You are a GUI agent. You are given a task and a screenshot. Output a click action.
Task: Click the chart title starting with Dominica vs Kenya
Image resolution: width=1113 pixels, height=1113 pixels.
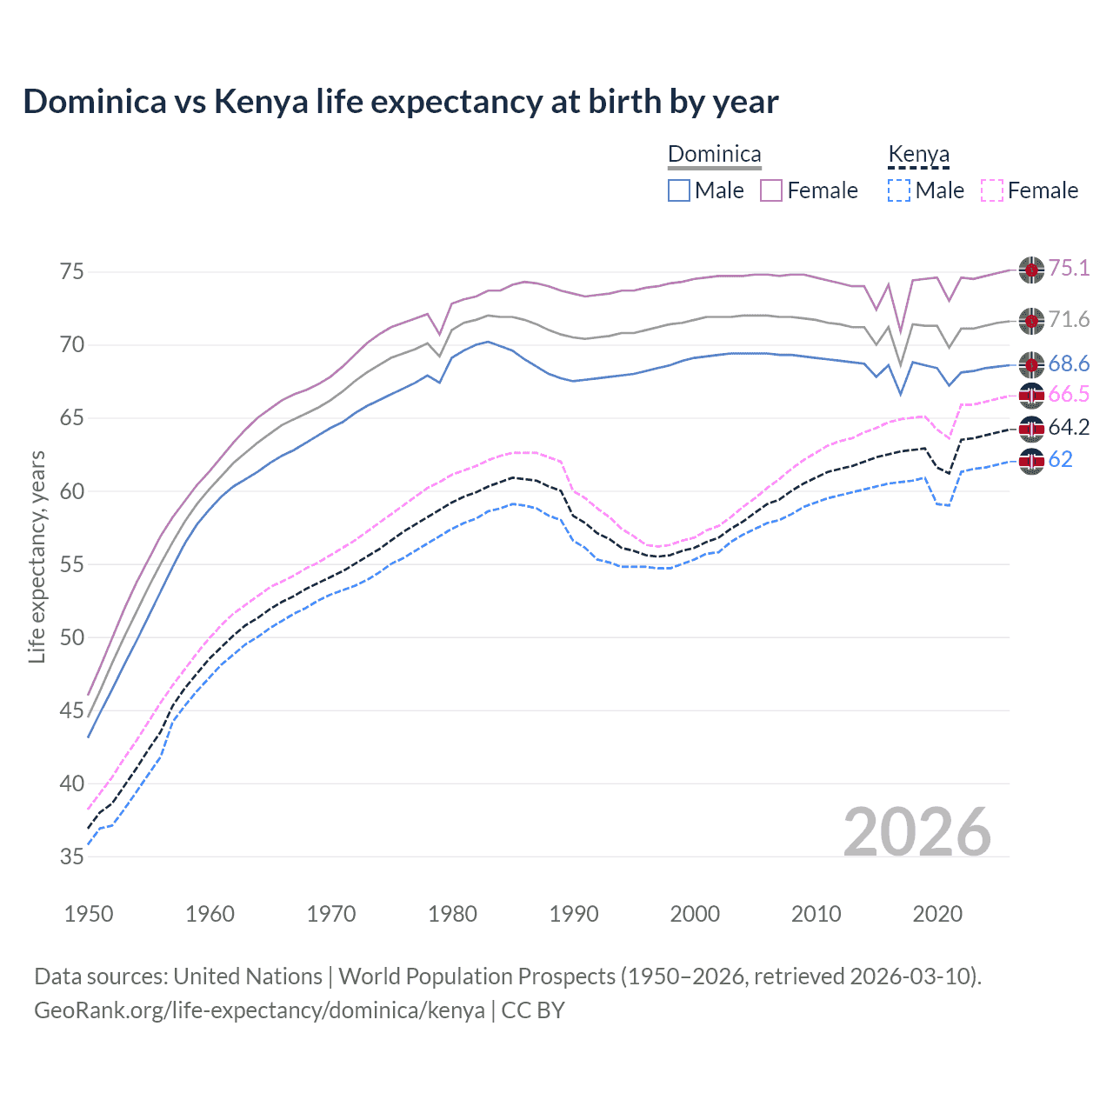click(401, 102)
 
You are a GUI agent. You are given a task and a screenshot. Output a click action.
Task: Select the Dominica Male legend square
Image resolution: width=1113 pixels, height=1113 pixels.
click(679, 190)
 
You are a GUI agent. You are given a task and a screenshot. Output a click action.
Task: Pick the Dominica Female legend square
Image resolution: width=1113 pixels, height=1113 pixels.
click(771, 190)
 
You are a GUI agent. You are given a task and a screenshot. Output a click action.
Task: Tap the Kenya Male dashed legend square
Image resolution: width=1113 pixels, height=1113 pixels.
click(899, 190)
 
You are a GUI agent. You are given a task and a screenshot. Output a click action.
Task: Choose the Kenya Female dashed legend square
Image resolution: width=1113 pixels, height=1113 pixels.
click(992, 190)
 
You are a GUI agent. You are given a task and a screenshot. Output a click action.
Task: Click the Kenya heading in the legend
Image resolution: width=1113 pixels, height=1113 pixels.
click(918, 155)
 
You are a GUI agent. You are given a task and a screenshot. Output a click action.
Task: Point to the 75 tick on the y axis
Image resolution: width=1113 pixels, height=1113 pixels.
click(72, 272)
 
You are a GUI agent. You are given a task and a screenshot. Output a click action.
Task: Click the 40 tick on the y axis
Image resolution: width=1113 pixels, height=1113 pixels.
click(72, 783)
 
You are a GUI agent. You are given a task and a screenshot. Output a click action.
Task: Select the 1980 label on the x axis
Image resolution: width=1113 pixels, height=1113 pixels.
click(453, 914)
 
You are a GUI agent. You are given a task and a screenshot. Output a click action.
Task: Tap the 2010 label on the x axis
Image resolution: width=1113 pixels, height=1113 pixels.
click(816, 914)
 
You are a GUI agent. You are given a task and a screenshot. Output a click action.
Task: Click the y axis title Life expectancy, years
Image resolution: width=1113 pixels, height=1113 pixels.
click(37, 556)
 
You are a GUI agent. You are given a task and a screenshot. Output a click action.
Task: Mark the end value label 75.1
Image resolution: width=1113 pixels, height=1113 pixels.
click(1069, 268)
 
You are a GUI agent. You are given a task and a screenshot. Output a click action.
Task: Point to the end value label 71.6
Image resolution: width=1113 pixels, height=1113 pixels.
click(1069, 320)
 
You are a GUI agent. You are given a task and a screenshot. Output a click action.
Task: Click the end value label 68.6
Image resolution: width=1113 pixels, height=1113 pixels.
click(1069, 363)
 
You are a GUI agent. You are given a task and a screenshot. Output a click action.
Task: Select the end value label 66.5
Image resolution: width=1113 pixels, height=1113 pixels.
click(1069, 395)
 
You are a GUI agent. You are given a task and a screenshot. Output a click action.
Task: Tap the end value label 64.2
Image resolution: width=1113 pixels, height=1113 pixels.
click(1069, 427)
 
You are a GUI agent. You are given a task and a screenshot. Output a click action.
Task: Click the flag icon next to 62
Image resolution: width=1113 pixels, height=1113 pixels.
click(1031, 460)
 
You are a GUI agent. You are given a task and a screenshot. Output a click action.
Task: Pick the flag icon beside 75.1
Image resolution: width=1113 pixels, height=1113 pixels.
click(1031, 270)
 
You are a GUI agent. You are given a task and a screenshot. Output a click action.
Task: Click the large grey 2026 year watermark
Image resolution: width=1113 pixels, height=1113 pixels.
click(917, 832)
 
